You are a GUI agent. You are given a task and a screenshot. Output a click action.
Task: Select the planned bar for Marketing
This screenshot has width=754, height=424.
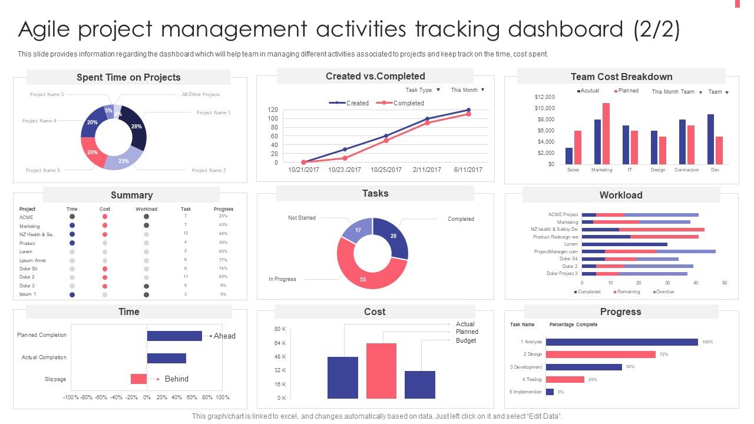(606, 134)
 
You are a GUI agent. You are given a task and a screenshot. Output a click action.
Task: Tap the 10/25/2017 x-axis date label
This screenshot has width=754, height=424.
(386, 170)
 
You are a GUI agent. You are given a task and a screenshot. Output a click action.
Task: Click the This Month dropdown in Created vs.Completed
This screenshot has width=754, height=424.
(468, 90)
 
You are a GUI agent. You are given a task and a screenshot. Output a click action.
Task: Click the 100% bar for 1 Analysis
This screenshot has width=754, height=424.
(621, 342)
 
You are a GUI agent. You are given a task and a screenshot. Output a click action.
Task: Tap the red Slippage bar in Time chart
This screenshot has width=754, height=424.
(138, 379)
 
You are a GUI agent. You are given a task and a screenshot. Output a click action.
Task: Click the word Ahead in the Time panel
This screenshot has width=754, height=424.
(224, 336)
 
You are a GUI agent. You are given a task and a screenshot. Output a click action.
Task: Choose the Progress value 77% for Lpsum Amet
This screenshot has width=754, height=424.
(223, 260)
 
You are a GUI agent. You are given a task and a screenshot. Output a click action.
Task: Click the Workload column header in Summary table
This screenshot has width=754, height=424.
(146, 209)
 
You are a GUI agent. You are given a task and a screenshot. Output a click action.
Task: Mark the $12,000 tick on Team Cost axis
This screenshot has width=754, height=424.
(544, 97)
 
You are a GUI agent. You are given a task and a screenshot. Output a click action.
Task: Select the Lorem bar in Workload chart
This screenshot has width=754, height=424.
(624, 244)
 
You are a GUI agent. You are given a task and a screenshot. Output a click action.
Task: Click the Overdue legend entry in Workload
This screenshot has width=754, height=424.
(664, 292)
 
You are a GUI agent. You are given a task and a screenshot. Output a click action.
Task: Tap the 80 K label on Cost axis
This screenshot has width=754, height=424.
(280, 329)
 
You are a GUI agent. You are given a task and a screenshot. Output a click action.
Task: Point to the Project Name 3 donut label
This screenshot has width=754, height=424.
(43, 170)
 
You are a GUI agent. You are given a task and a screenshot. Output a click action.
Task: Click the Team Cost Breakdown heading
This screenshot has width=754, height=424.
(621, 77)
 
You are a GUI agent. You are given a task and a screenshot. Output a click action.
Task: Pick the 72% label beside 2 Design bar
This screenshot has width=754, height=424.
(664, 355)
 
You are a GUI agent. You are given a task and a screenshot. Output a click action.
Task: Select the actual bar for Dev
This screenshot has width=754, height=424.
(711, 139)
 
